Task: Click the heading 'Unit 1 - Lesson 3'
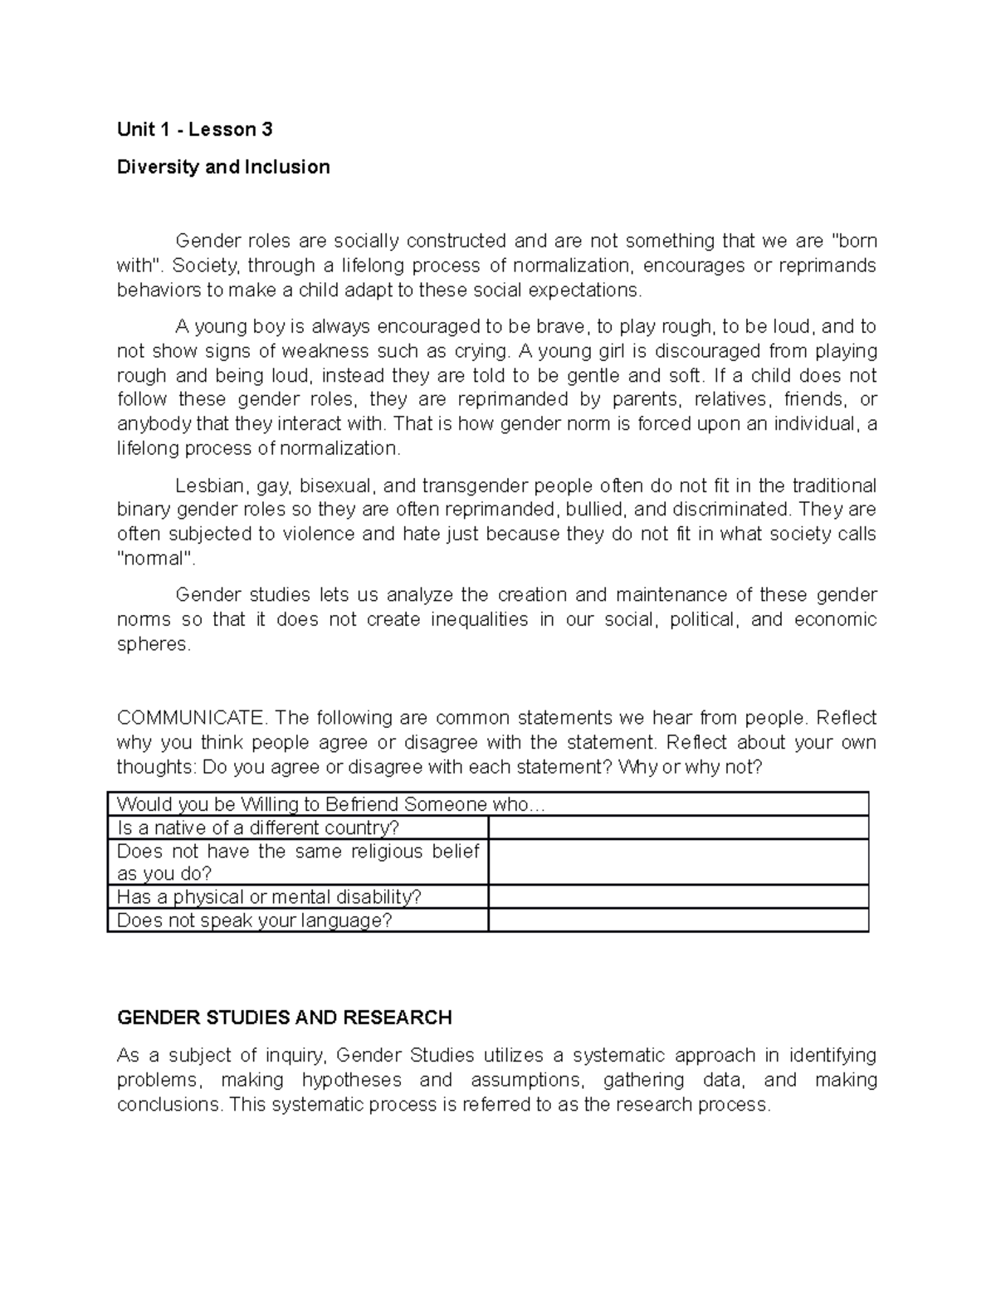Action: click(194, 129)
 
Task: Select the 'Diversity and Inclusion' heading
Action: click(223, 167)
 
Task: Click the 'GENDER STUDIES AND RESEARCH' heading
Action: click(284, 1018)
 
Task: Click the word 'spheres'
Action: click(153, 644)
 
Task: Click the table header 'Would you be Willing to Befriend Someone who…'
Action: click(332, 803)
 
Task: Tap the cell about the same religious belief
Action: click(297, 862)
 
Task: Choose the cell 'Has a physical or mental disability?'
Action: click(269, 896)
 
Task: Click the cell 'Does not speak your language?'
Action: click(254, 920)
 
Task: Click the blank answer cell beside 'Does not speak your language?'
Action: click(678, 920)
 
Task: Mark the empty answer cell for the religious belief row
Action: click(678, 862)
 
